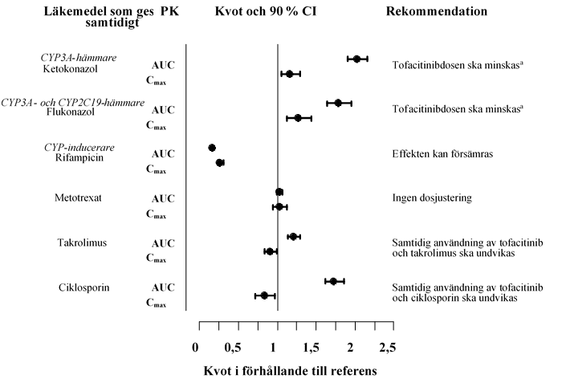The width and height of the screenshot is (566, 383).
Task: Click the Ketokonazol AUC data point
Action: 356,59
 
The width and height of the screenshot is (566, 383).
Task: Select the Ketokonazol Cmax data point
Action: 290,74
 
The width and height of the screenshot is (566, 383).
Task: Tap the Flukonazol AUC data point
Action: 338,103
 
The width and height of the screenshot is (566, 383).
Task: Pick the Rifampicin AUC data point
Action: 212,148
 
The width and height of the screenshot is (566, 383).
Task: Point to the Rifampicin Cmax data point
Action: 220,163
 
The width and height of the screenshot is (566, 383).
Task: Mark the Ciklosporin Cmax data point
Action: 264,295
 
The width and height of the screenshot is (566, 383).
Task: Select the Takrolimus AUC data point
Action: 293,237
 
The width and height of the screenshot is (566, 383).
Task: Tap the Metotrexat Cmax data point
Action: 279,207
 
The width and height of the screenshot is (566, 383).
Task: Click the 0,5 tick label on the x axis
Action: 233,347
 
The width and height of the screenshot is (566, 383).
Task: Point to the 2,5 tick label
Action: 387,347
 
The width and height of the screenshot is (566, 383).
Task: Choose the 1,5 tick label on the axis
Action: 310,347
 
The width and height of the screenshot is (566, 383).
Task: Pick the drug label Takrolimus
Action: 82,242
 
